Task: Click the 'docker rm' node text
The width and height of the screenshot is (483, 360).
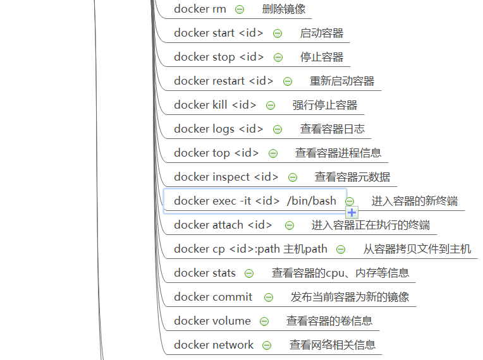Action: point(200,9)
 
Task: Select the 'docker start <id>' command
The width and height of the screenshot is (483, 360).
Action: point(219,33)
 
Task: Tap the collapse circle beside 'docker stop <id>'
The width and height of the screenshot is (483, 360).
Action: point(278,57)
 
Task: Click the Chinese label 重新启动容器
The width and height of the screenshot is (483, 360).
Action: point(341,81)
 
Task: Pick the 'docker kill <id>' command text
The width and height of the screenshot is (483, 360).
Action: point(215,105)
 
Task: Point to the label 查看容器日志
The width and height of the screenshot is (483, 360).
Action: point(332,129)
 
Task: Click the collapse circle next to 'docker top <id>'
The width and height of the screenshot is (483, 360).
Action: point(273,153)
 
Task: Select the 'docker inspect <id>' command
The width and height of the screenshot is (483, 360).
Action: point(226,177)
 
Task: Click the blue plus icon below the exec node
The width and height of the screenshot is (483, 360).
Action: point(352,213)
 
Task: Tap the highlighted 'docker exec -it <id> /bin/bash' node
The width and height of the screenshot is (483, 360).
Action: point(255,201)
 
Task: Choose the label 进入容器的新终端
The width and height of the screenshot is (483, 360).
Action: point(414,201)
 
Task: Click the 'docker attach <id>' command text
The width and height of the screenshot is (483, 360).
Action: point(223,225)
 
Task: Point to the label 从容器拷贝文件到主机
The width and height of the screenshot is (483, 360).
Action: point(417,249)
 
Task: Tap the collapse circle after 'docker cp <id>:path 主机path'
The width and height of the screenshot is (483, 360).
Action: point(341,249)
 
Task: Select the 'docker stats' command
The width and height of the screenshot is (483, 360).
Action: point(204,273)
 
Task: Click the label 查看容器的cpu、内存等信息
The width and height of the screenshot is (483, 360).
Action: point(340,273)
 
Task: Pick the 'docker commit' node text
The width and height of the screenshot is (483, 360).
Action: point(212,297)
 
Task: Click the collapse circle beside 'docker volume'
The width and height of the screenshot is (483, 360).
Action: point(264,321)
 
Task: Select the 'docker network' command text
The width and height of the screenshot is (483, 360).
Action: point(213,345)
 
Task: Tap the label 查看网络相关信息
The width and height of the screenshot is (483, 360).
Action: point(332,345)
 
